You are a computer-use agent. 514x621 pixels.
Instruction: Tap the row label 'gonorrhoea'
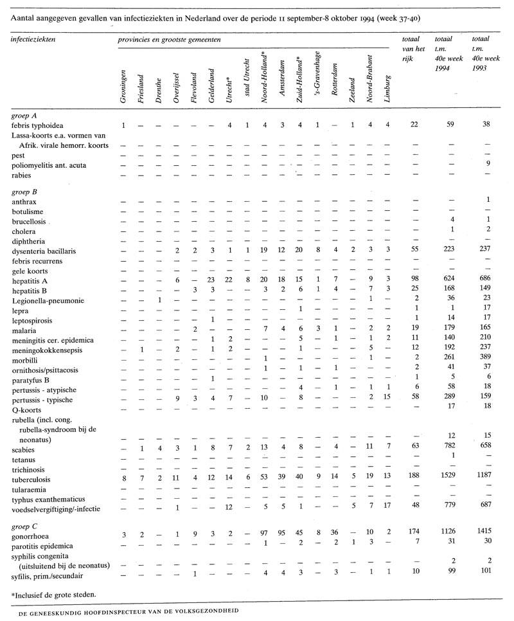pos(31,535)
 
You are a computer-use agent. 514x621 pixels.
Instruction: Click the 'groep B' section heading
pos(25,191)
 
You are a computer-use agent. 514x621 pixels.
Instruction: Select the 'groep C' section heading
pos(25,525)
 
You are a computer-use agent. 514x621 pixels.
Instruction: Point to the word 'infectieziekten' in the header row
pos(33,39)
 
